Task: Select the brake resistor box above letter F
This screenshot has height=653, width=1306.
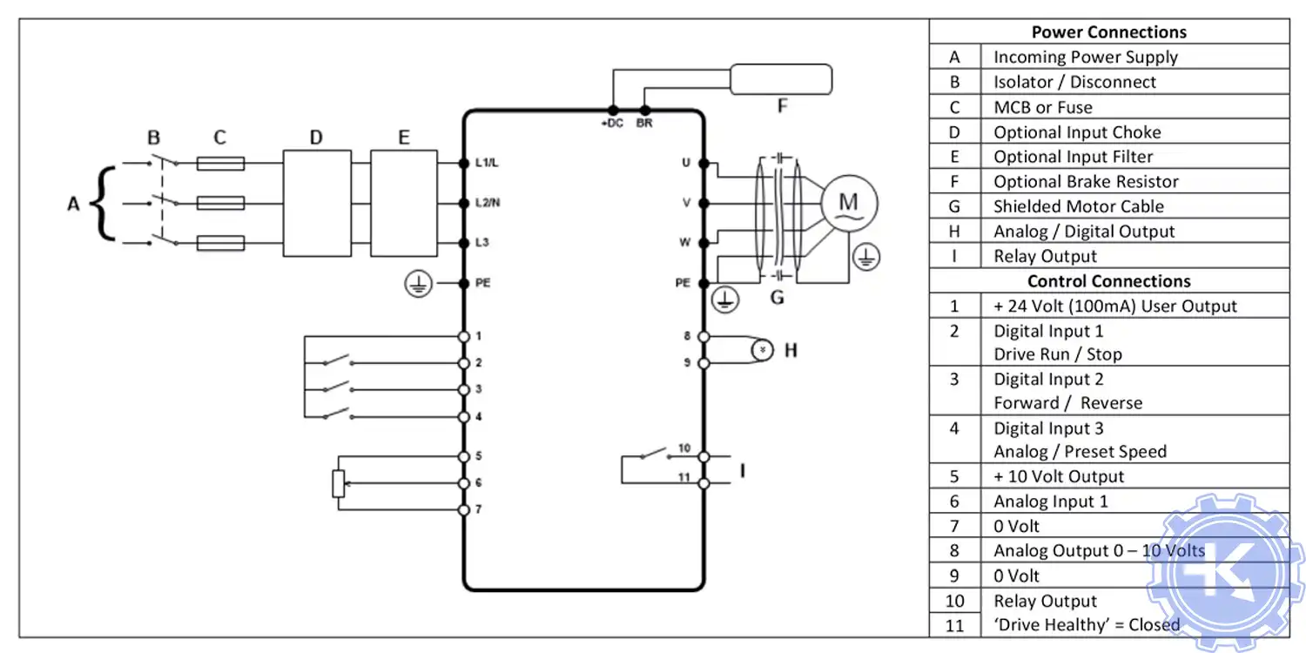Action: tap(780, 78)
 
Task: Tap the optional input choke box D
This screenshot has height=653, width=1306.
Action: tap(316, 203)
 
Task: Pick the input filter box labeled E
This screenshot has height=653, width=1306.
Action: tap(403, 203)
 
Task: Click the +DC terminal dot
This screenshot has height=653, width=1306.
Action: tap(612, 111)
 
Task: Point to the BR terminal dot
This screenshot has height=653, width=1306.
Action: tap(644, 111)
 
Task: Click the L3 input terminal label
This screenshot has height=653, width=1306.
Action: tap(481, 243)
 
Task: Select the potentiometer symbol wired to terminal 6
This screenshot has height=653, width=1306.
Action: tap(339, 483)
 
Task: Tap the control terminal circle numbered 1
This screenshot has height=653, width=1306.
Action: tap(463, 336)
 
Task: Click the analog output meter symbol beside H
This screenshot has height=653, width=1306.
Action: tap(763, 349)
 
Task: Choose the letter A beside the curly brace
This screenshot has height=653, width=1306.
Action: tap(74, 204)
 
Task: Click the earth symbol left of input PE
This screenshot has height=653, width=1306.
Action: tap(417, 283)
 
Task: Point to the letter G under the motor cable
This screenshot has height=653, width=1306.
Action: tap(777, 298)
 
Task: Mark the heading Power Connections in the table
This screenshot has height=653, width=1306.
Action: tap(1108, 32)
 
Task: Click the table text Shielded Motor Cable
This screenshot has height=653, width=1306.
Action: tap(1078, 206)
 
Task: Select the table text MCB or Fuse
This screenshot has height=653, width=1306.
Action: tap(1042, 107)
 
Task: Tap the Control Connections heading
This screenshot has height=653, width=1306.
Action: tap(1108, 281)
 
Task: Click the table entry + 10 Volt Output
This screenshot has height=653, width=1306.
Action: tap(1059, 477)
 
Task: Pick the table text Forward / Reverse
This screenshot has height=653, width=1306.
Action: tap(1067, 403)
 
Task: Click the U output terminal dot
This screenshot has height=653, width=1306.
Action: tap(703, 163)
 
